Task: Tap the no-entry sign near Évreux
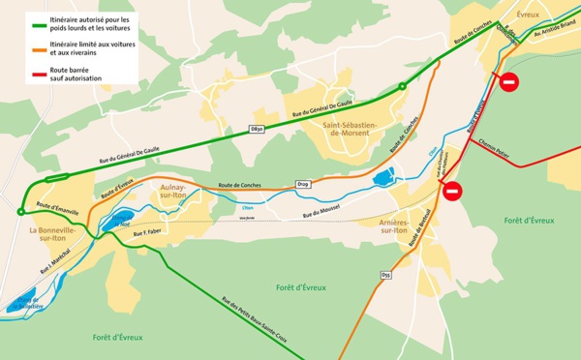coord(512,82)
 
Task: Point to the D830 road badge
coord(258,130)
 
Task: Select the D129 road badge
coord(302,184)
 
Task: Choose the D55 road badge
coord(385,276)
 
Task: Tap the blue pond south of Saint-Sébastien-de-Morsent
coord(382,176)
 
